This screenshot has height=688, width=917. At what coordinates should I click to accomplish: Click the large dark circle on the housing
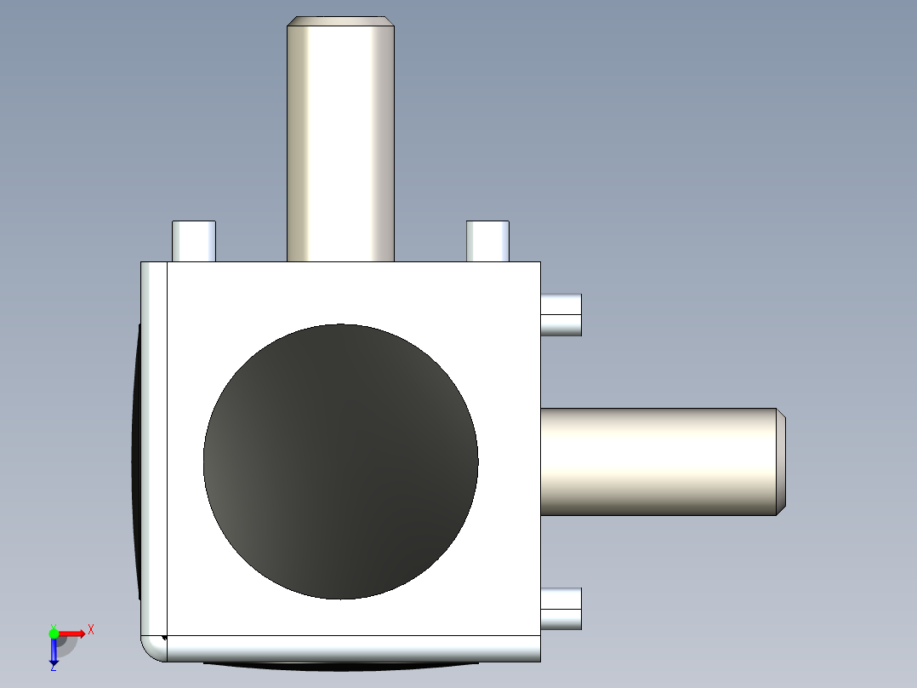tap(340, 462)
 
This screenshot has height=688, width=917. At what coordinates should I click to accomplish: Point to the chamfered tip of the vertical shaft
tap(340, 21)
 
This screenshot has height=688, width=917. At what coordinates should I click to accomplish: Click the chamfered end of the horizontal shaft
tap(780, 462)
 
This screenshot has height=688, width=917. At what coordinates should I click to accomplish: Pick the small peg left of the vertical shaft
tap(194, 241)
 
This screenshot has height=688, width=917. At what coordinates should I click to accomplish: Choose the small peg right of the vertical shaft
tap(487, 241)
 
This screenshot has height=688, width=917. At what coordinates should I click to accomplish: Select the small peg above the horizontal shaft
tap(561, 315)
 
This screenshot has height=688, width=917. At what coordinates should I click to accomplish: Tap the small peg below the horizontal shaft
tap(561, 609)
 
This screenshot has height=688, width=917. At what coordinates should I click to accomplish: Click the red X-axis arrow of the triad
tap(71, 633)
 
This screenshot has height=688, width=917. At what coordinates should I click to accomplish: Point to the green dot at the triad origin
tap(54, 633)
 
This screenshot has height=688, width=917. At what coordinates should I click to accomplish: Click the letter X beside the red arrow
tap(91, 629)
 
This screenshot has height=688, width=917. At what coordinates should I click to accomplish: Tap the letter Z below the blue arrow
tap(53, 668)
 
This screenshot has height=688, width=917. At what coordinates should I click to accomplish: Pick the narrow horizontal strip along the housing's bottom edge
tap(353, 649)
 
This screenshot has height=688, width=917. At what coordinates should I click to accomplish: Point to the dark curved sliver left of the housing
tap(135, 460)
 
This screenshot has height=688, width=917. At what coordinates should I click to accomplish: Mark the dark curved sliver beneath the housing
tap(340, 665)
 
